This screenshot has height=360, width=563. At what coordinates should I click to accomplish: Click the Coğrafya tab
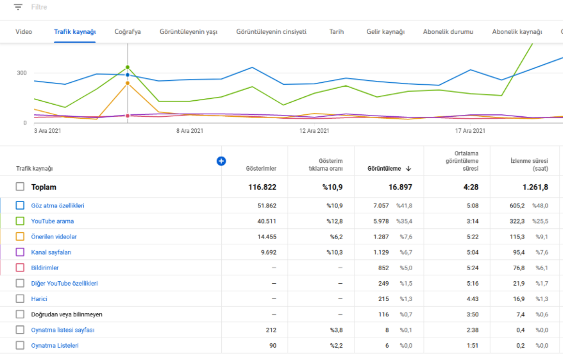[x=128, y=31]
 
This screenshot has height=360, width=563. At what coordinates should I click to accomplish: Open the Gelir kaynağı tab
[x=385, y=31]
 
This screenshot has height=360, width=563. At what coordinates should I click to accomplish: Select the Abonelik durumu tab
[x=448, y=31]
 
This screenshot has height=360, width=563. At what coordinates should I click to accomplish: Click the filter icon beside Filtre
[x=18, y=7]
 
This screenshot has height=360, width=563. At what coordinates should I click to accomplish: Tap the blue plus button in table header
[x=221, y=161]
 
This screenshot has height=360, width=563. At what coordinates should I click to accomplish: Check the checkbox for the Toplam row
[x=20, y=187]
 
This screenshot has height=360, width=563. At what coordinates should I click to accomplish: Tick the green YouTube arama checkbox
[x=20, y=221]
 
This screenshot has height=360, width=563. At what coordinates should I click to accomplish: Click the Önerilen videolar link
[x=54, y=236]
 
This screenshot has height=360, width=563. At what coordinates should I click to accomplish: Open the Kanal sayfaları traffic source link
[x=51, y=252]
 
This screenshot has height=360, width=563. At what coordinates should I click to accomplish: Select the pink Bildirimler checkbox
[x=20, y=268]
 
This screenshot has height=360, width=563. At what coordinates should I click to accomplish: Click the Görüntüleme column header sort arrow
[x=408, y=169]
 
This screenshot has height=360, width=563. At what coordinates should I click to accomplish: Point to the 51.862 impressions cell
[x=267, y=205]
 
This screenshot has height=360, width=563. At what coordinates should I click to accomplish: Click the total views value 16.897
[x=400, y=187]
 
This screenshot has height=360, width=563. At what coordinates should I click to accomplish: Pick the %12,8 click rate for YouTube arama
[x=334, y=221]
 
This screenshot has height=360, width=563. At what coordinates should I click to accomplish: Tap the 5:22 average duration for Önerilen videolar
[x=473, y=236]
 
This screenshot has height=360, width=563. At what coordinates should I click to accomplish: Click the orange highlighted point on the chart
[x=128, y=83]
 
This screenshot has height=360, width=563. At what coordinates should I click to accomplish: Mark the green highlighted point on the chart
[x=128, y=67]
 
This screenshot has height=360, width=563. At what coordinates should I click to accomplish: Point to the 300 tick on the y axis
[x=22, y=73]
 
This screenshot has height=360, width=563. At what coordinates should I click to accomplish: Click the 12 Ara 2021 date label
[x=314, y=131]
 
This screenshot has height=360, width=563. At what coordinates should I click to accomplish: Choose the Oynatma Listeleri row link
[x=55, y=345]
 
